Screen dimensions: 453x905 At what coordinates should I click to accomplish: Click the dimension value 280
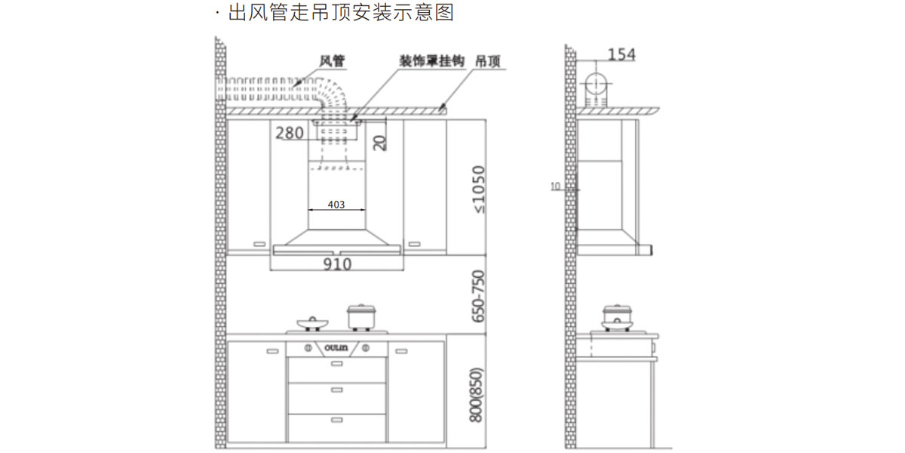(x=290, y=134)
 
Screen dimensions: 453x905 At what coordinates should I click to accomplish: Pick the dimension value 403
(x=337, y=205)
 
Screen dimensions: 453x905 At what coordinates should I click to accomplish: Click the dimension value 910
(x=337, y=264)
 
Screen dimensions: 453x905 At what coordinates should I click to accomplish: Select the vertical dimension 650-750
(x=477, y=297)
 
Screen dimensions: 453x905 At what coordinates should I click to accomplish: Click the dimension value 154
(x=621, y=54)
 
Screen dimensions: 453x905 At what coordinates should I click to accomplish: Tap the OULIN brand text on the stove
(x=336, y=348)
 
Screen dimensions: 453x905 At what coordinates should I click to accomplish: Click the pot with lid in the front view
(x=360, y=316)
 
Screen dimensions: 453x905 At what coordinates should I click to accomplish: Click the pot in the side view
(x=617, y=316)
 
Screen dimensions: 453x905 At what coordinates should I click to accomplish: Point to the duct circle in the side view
(x=595, y=82)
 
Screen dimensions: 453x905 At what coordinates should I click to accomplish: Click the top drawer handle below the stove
(x=336, y=364)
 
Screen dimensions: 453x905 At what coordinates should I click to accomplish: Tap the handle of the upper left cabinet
(x=259, y=244)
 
